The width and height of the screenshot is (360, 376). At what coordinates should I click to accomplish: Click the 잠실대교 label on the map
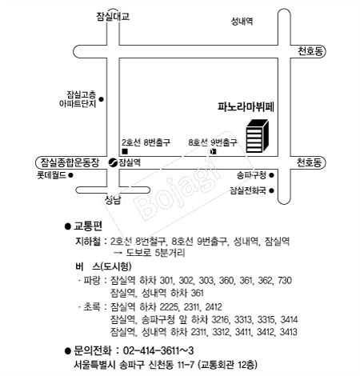point(113,16)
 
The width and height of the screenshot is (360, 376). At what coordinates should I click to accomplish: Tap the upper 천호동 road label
point(310,50)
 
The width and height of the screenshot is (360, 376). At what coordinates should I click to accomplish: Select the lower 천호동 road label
point(310,162)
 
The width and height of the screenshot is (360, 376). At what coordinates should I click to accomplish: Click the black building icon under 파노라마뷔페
point(257,136)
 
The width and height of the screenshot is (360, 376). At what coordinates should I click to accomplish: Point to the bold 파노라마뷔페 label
point(246,106)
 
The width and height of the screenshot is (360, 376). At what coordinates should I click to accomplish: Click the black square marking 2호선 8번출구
point(125,151)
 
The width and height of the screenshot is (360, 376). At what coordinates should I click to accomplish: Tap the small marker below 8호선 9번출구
point(214,151)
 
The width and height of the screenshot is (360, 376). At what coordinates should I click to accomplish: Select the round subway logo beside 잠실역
point(113,162)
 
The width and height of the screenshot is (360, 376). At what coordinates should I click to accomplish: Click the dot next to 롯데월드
point(70,175)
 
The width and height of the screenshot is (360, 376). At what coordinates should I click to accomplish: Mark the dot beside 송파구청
point(271,175)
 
